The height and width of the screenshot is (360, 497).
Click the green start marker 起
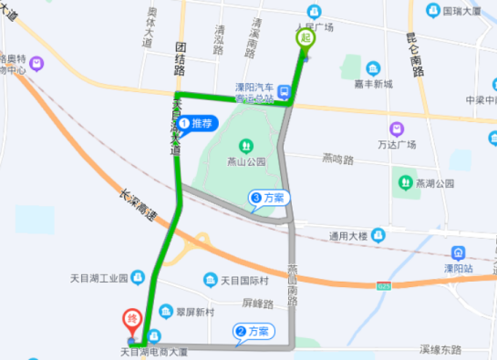pyautogui.click(x=304, y=39)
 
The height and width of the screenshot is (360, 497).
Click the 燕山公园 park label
pyautogui.click(x=245, y=162)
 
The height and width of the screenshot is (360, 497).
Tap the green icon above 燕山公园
pyautogui.click(x=245, y=146)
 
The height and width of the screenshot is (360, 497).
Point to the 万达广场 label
pyautogui.click(x=397, y=145)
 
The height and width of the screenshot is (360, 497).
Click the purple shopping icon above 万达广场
pyautogui.click(x=397, y=129)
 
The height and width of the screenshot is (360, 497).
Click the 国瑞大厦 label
pyautogui.click(x=461, y=12)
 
